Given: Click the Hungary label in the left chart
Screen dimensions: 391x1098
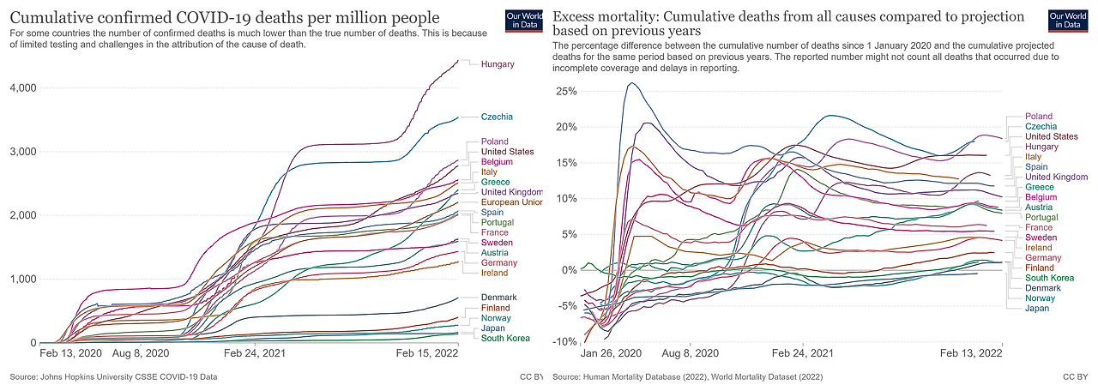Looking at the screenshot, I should click(498, 64).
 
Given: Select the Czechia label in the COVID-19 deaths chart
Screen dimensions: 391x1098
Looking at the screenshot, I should click(497, 117).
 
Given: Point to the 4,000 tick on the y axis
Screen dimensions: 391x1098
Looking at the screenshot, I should click(22, 88).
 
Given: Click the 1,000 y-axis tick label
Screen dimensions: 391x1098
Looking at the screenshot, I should click(22, 280).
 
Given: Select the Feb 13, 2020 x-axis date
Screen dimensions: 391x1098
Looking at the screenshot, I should click(70, 352).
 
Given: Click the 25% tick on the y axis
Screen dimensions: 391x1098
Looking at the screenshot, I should click(566, 92).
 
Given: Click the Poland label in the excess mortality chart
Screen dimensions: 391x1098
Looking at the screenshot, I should click(1039, 117).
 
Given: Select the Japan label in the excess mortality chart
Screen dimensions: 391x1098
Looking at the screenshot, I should click(1037, 309).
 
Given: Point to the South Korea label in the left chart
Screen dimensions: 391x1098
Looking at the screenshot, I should click(504, 338).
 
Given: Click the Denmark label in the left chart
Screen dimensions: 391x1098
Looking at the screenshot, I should click(499, 298).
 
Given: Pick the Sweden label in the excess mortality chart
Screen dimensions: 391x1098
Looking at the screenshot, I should click(1041, 238).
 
